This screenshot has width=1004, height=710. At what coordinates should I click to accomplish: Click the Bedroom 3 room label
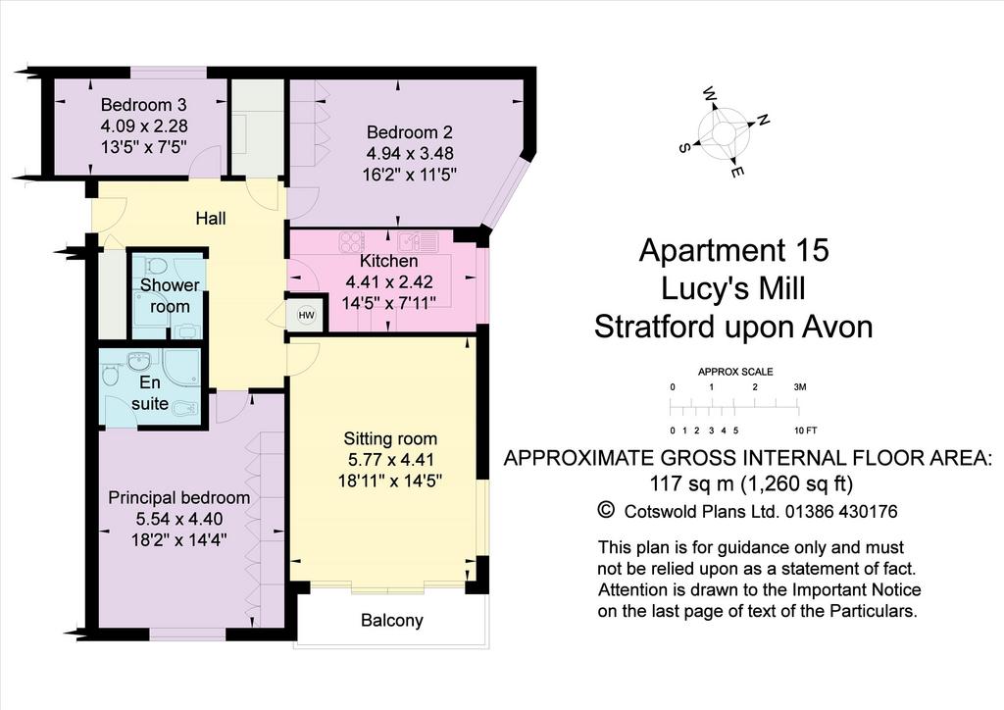click(x=144, y=104)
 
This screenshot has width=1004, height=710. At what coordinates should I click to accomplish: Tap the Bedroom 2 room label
click(x=410, y=132)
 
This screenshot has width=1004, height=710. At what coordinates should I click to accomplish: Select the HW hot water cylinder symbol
click(x=307, y=316)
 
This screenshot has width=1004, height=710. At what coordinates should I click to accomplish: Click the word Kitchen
click(x=388, y=261)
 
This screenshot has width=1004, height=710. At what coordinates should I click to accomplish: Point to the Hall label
click(x=211, y=219)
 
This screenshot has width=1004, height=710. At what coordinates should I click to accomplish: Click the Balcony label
click(x=392, y=621)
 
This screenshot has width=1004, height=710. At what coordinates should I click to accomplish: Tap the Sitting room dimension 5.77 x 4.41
click(x=390, y=460)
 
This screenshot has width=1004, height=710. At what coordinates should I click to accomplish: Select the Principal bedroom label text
click(x=179, y=498)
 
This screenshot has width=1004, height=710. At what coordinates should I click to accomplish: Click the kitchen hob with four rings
click(x=352, y=242)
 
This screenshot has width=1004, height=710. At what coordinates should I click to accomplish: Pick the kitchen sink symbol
click(x=417, y=242)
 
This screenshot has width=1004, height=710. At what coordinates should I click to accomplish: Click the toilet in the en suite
click(x=111, y=374)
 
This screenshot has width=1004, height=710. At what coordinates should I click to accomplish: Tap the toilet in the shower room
click(x=154, y=265)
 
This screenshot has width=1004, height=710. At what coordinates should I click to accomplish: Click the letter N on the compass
click(x=763, y=120)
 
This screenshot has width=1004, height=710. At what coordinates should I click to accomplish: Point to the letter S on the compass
click(x=683, y=148)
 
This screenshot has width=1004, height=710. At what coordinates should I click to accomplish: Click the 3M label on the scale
click(x=800, y=386)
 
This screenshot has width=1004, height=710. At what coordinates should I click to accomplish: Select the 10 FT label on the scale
click(x=806, y=431)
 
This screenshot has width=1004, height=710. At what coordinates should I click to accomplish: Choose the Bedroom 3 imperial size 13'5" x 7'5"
click(x=144, y=147)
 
